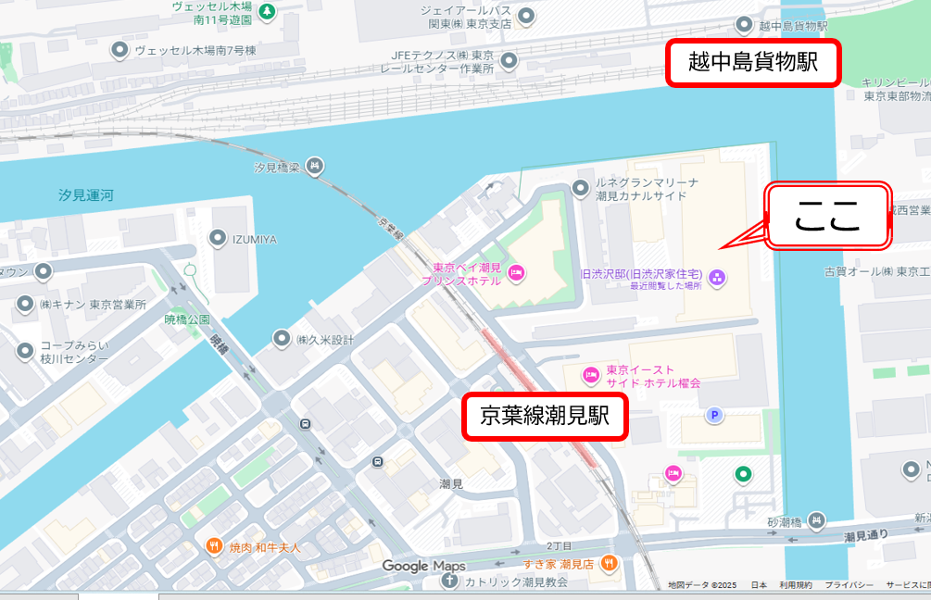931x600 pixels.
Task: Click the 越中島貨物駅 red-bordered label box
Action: pyautogui.click(x=753, y=64)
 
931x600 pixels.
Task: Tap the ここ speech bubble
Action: pyautogui.click(x=828, y=215)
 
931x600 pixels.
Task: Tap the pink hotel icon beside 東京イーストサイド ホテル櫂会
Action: pyautogui.click(x=590, y=375)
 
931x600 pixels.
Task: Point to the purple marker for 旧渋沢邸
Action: pyautogui.click(x=717, y=277)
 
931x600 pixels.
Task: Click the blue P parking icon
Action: pyautogui.click(x=714, y=416)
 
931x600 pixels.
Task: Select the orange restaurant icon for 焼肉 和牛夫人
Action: pyautogui.click(x=214, y=547)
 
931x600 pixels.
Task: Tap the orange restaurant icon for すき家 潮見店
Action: pyautogui.click(x=609, y=562)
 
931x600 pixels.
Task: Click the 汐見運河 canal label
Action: pyautogui.click(x=85, y=195)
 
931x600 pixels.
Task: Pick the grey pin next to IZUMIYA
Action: pyautogui.click(x=218, y=239)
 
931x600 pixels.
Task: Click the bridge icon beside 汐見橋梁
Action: pyautogui.click(x=315, y=167)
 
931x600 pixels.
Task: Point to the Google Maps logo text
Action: pyautogui.click(x=423, y=566)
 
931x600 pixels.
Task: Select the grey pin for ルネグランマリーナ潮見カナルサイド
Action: pyautogui.click(x=581, y=190)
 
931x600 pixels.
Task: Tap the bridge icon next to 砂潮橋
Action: pyautogui.click(x=816, y=522)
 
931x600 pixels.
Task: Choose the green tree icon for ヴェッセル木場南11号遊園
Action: pyautogui.click(x=267, y=12)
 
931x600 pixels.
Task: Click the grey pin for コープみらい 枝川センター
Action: pyautogui.click(x=26, y=351)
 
